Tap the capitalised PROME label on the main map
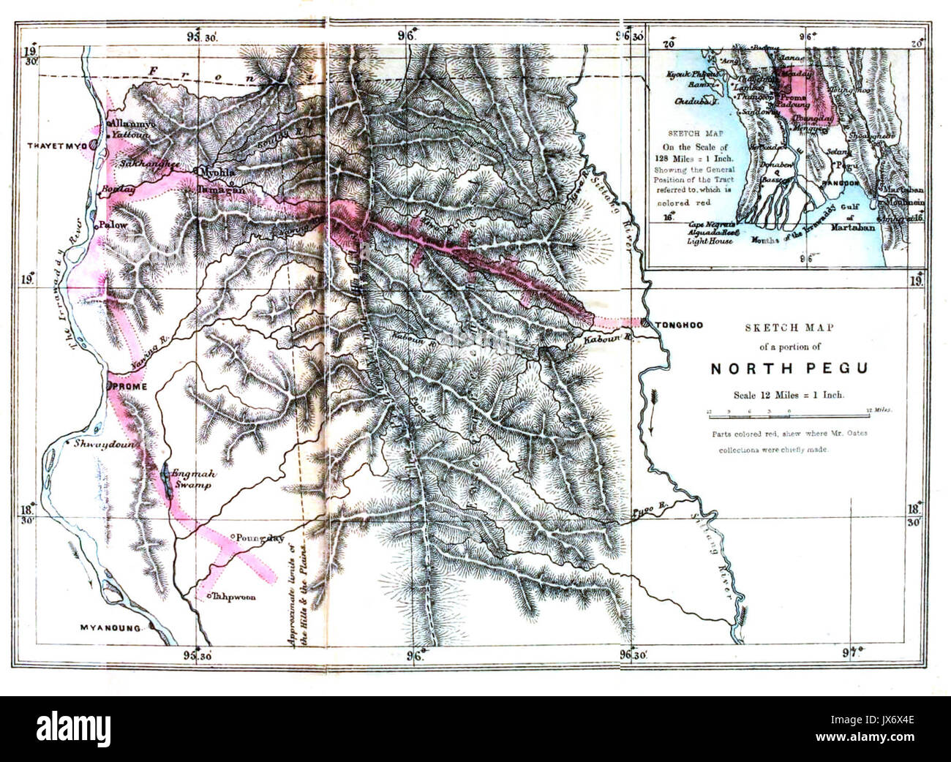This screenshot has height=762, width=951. coord(130,386)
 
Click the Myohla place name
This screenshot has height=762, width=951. coord(217,167)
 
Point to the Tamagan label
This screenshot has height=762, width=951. coord(219,189)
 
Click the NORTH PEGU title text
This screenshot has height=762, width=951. coord(789,369)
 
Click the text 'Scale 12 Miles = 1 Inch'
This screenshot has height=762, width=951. coord(789,395)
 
